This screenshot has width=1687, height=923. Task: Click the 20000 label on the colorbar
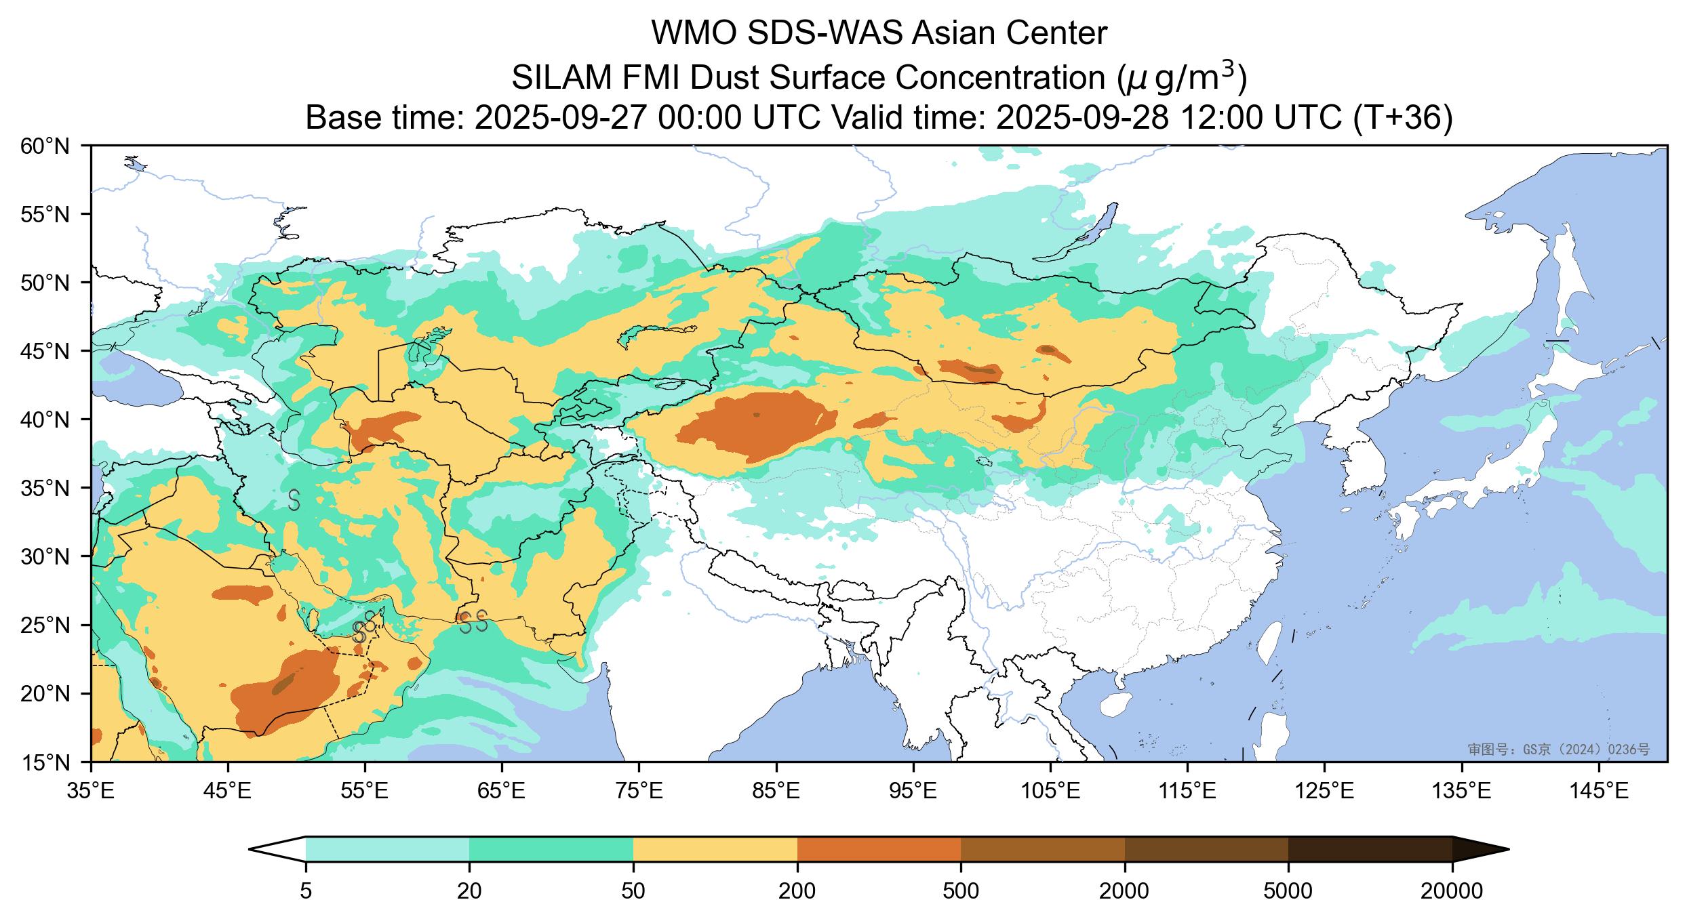tap(1452, 892)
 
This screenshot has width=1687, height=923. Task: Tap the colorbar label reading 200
tap(797, 892)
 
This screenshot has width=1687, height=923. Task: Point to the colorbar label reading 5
tap(306, 892)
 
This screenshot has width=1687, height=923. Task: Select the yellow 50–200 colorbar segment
tap(715, 849)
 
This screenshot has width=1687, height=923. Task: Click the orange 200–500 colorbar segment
tap(879, 849)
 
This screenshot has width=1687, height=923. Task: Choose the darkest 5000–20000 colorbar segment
tap(1370, 849)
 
